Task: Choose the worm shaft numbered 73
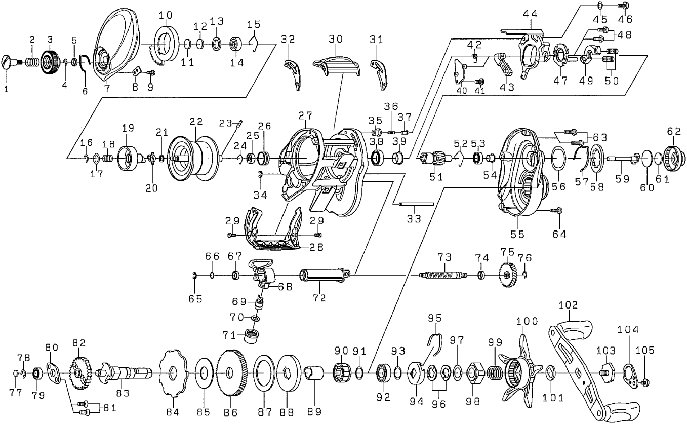pos(442,275)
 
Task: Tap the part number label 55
pos(517,234)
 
